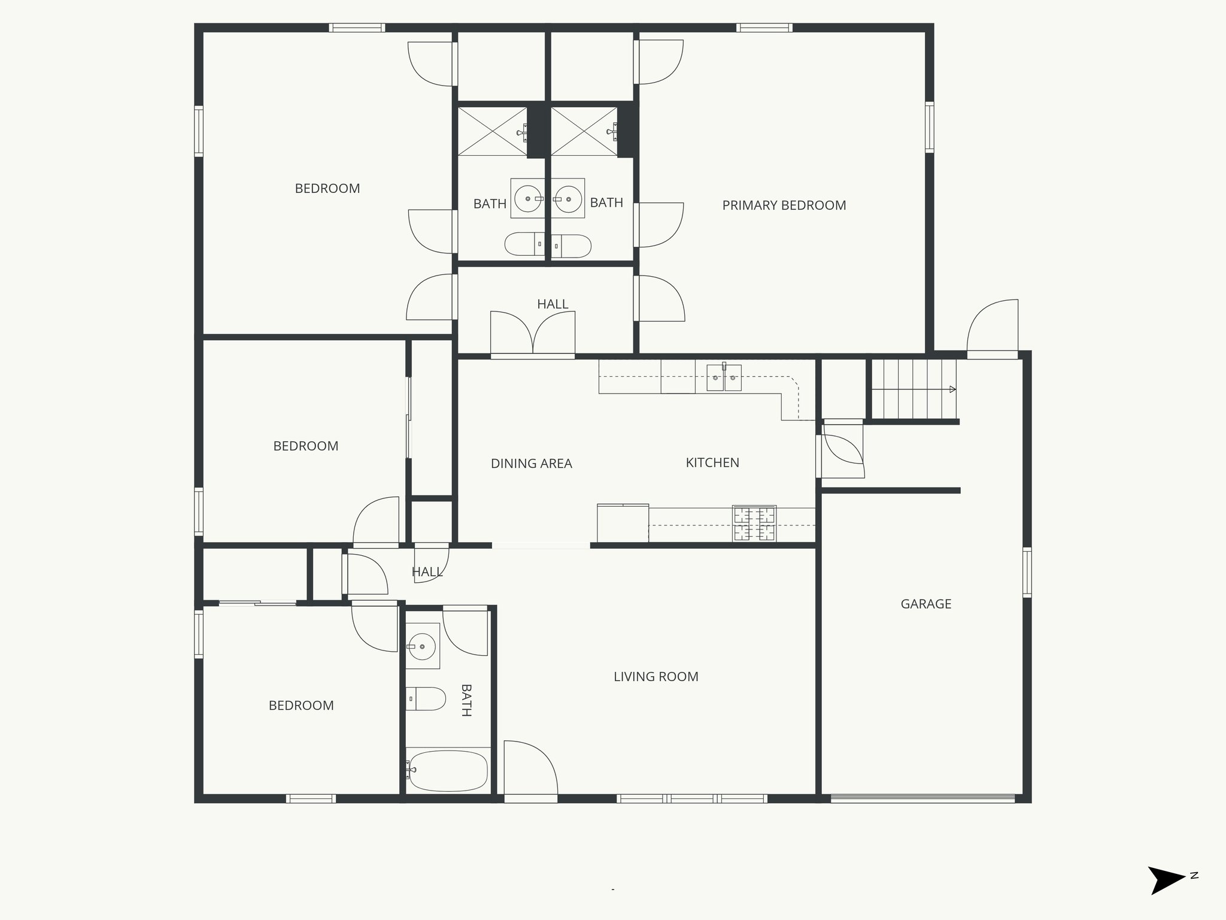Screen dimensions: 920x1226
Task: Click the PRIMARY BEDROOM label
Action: pyautogui.click(x=784, y=205)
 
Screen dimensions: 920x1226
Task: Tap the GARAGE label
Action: pyautogui.click(x=925, y=604)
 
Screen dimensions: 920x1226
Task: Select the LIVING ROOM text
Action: pyautogui.click(x=656, y=677)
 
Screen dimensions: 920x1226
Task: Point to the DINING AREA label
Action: pyautogui.click(x=531, y=464)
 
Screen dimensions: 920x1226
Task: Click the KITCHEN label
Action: pyautogui.click(x=712, y=462)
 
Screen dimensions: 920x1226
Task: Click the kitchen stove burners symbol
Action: pyautogui.click(x=754, y=523)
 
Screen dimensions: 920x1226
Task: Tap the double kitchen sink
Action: pyautogui.click(x=724, y=378)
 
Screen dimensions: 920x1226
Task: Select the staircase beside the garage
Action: pyautogui.click(x=912, y=389)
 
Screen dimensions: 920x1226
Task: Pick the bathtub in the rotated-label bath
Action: pyautogui.click(x=448, y=770)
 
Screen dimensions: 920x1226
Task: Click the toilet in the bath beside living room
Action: pyautogui.click(x=426, y=698)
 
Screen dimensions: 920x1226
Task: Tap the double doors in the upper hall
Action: pyautogui.click(x=533, y=334)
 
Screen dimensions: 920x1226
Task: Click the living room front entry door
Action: pyautogui.click(x=530, y=771)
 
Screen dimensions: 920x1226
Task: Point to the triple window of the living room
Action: pyautogui.click(x=691, y=798)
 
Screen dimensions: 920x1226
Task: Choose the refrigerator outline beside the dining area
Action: pyautogui.click(x=623, y=523)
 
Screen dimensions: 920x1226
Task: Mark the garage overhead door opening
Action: pyautogui.click(x=922, y=798)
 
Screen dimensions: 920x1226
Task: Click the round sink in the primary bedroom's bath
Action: pyautogui.click(x=568, y=198)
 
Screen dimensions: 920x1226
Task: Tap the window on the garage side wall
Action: pyautogui.click(x=1027, y=572)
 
